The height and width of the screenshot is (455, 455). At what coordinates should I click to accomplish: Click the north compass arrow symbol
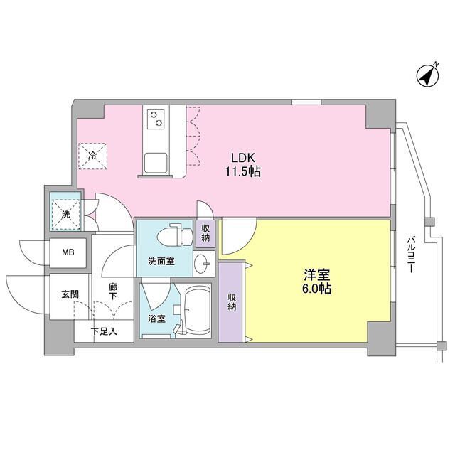click(427, 75)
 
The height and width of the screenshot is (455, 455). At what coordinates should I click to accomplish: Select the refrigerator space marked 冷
click(93, 154)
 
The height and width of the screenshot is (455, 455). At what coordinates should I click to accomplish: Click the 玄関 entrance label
click(69, 295)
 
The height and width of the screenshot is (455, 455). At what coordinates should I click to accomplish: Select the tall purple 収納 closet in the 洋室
click(230, 301)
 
